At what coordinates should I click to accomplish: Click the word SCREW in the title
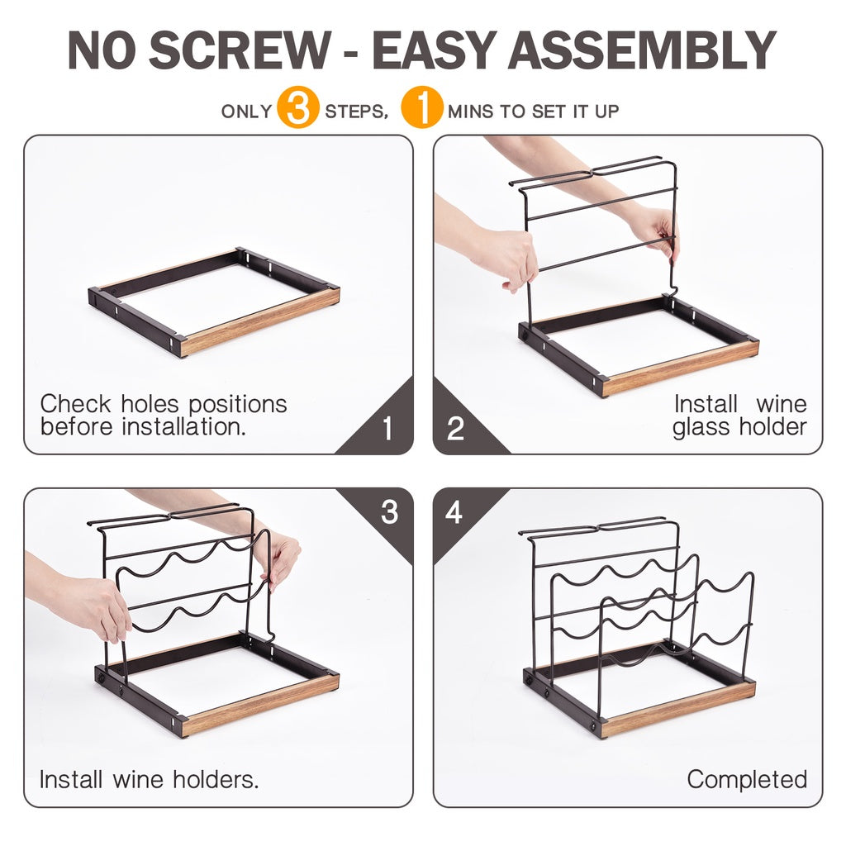(x=240, y=50)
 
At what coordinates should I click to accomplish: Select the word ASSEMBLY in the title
(x=642, y=50)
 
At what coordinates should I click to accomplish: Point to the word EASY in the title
(x=435, y=50)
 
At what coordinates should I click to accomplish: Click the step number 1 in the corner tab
(x=387, y=429)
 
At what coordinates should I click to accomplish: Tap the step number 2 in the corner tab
(x=455, y=429)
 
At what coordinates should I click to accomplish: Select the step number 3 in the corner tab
(x=390, y=512)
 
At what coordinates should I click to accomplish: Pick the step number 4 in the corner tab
(x=454, y=512)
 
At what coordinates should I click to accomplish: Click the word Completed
(x=747, y=780)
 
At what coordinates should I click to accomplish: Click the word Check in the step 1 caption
(x=75, y=403)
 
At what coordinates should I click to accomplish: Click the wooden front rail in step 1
(x=260, y=321)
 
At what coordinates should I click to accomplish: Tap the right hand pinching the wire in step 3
(x=278, y=558)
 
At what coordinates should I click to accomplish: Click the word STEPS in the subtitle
(x=357, y=112)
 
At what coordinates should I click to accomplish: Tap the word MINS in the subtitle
(x=470, y=112)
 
